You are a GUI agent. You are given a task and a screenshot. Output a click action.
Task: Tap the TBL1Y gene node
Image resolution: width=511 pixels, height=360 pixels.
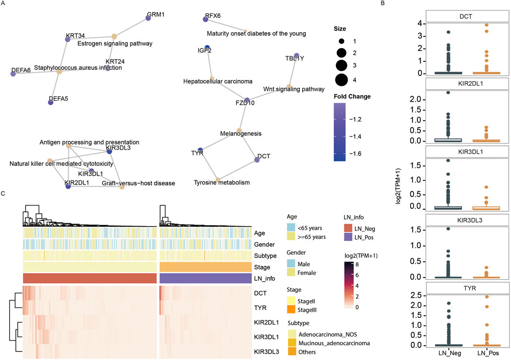coord(296,56)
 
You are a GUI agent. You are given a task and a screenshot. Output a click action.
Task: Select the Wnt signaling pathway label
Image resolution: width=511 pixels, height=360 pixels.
coord(294,89)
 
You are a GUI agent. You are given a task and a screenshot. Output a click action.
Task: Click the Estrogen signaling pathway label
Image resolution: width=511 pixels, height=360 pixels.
coord(115,44)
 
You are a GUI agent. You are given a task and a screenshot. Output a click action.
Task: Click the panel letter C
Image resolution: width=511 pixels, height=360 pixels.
coord(4,193)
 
